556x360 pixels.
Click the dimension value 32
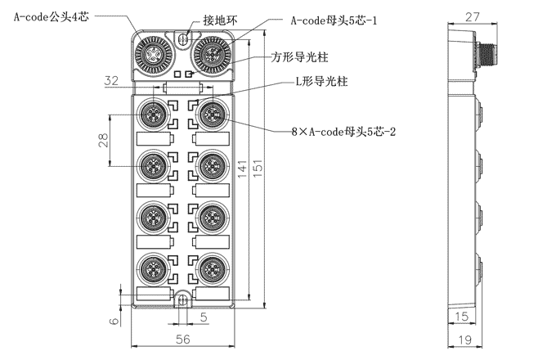[x=112, y=80]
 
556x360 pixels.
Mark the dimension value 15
[x=462, y=317]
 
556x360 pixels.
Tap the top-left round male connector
[x=151, y=54]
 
